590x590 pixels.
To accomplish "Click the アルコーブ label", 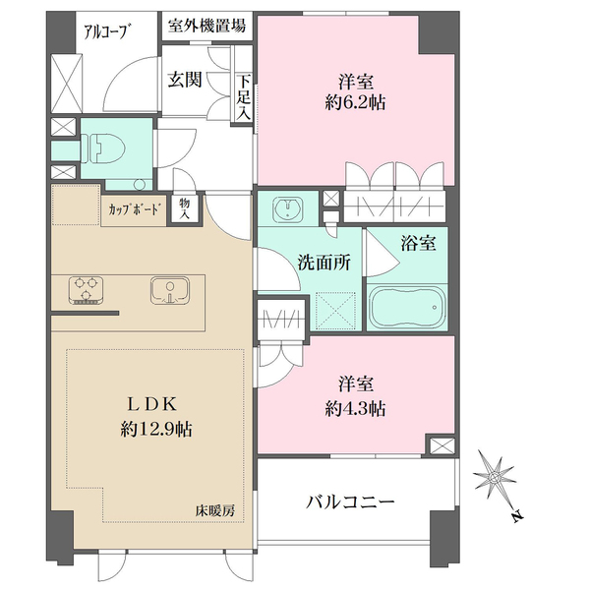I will point(106,29).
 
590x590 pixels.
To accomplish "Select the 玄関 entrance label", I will point(185,81).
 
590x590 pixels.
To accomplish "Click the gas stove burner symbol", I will point(88,291).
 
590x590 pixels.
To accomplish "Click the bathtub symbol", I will point(409,310).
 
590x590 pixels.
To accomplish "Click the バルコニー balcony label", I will point(350,502).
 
